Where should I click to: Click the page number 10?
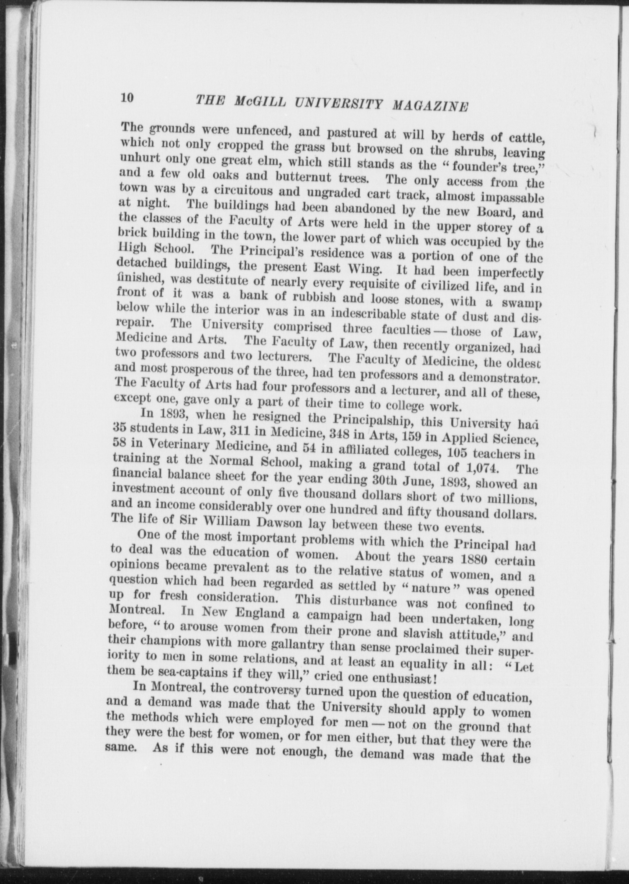126,98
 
